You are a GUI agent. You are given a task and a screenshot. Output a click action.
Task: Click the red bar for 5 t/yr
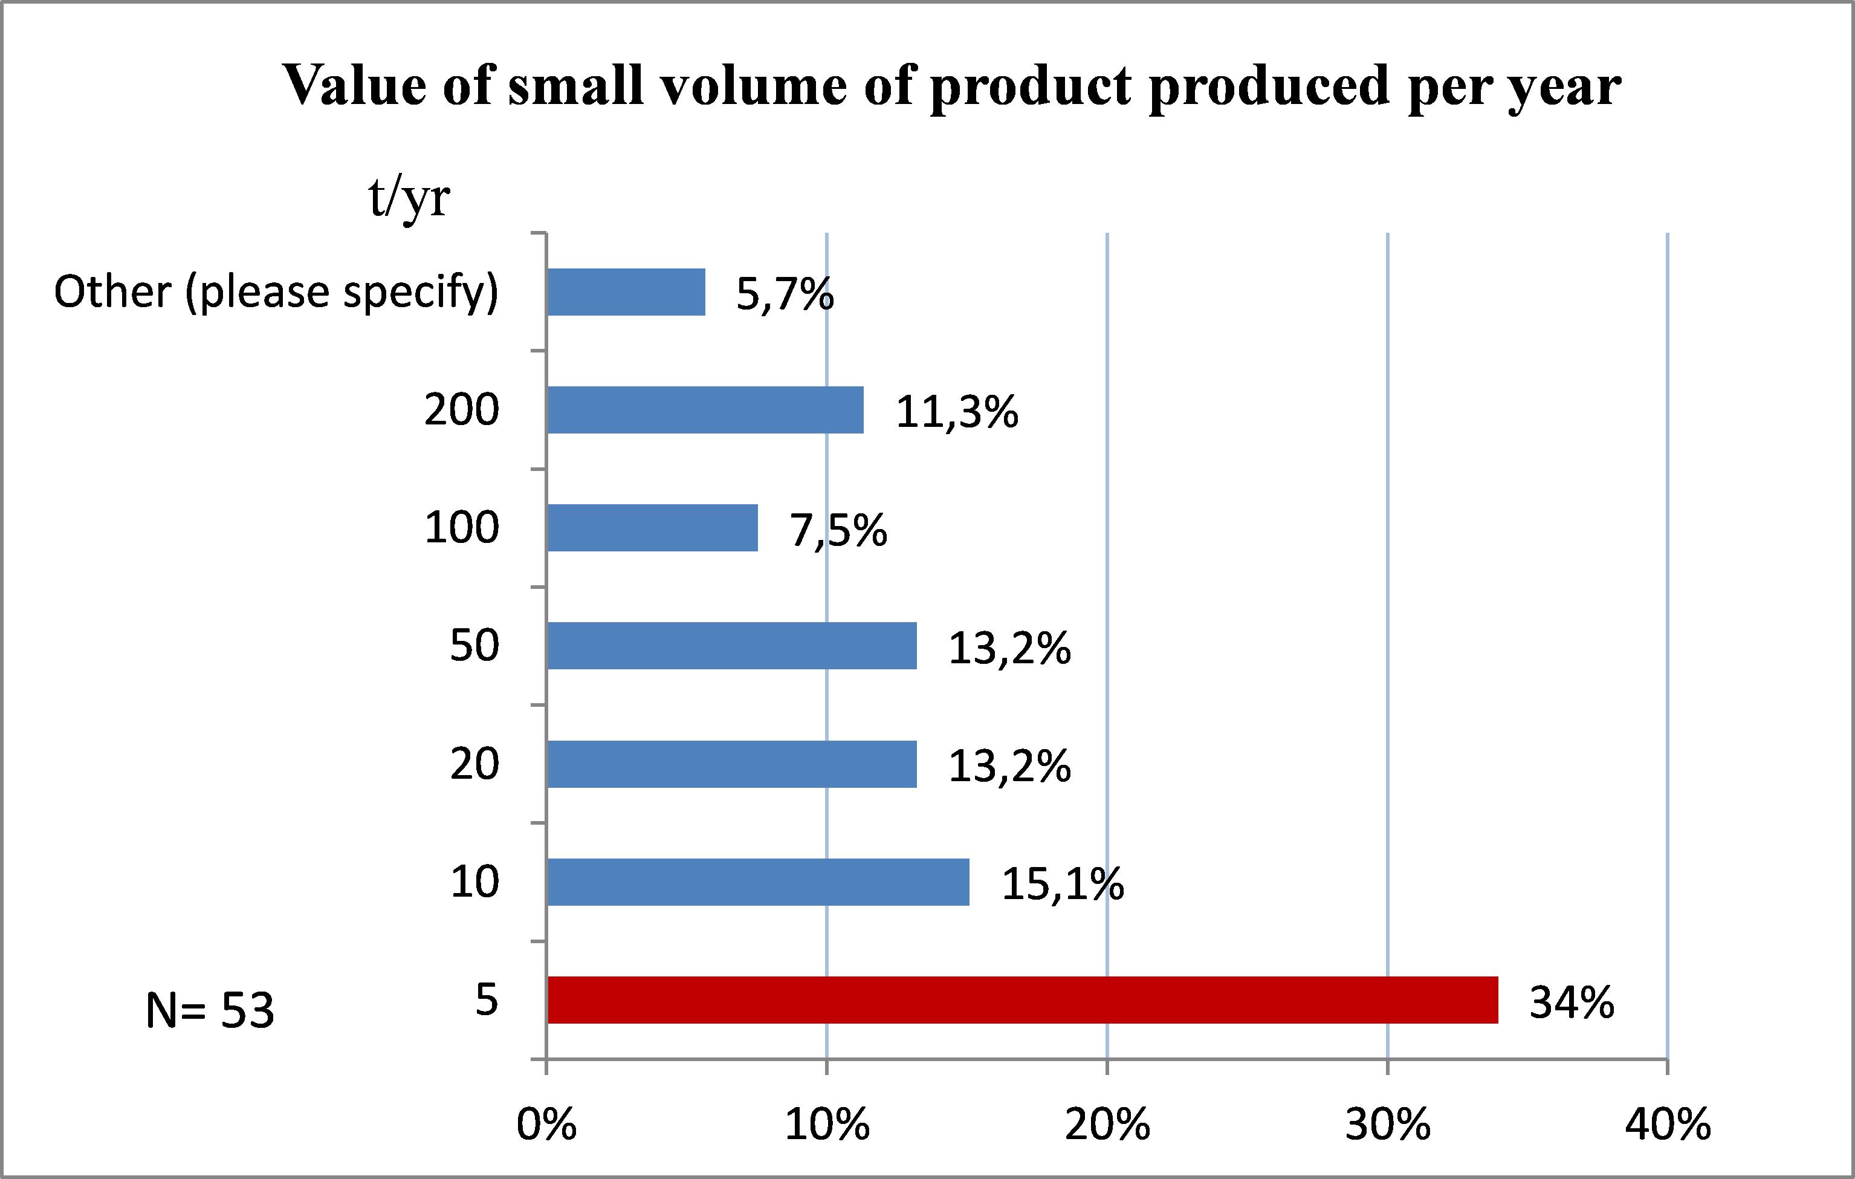(x=1022, y=999)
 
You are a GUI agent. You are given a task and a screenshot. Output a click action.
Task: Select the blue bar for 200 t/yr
(x=705, y=410)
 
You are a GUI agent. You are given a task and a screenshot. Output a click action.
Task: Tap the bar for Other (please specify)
(x=626, y=292)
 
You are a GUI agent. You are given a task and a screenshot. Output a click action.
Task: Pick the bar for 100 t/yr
(x=652, y=528)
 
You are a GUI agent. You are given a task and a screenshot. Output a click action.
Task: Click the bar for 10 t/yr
(x=758, y=882)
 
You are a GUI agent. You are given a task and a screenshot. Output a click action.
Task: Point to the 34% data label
(x=1572, y=1002)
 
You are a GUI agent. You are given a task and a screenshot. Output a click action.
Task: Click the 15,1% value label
(x=1063, y=884)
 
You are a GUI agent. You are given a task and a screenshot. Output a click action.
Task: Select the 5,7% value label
(x=784, y=294)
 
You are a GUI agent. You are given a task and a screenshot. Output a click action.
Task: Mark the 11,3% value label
(x=957, y=412)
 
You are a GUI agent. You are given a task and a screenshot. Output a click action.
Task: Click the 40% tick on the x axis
(x=1668, y=1125)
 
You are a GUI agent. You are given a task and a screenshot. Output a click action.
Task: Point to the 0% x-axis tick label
(x=546, y=1125)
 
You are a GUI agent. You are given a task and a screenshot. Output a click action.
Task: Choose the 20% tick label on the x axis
(x=1107, y=1125)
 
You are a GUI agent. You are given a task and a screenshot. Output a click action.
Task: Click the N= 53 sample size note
(x=210, y=1010)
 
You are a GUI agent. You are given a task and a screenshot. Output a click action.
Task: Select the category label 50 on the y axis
(x=474, y=645)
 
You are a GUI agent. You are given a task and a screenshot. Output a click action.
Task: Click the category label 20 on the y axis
(x=474, y=764)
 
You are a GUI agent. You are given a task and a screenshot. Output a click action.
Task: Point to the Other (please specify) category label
(x=276, y=292)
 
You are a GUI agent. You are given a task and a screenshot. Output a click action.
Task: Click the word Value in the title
(x=354, y=85)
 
